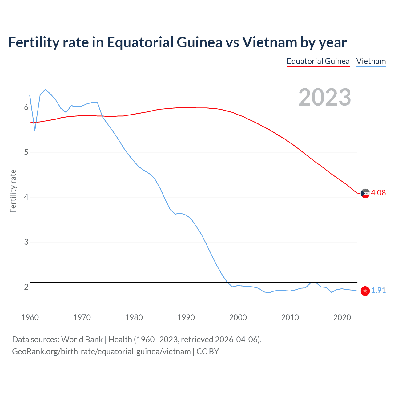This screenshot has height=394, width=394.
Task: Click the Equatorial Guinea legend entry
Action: pyautogui.click(x=318, y=62)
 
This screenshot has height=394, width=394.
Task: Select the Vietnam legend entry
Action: pyautogui.click(x=371, y=62)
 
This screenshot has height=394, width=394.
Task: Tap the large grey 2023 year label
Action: pyautogui.click(x=325, y=97)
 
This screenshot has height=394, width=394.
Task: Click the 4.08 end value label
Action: pyautogui.click(x=378, y=193)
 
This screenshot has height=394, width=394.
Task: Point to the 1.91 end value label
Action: pyautogui.click(x=378, y=291)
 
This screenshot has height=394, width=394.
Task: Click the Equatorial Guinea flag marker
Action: pyautogui.click(x=365, y=193)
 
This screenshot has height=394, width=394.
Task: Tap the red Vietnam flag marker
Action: pyautogui.click(x=365, y=291)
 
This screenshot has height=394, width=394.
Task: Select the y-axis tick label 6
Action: pyautogui.click(x=26, y=107)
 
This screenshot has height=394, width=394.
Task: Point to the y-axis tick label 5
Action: pyautogui.click(x=26, y=152)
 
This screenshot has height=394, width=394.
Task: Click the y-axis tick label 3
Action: pyautogui.click(x=26, y=242)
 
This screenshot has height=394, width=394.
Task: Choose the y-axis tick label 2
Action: pyautogui.click(x=26, y=287)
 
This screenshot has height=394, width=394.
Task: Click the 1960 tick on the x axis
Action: pyautogui.click(x=30, y=317)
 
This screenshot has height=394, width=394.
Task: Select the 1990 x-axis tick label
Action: pyautogui.click(x=186, y=317)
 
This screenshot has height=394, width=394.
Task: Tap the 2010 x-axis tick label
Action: pyautogui.click(x=290, y=317)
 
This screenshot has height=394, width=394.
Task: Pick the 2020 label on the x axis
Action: pyautogui.click(x=342, y=317)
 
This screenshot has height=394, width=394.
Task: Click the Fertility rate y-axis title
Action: pyautogui.click(x=13, y=191)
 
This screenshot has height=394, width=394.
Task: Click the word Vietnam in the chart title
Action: pyautogui.click(x=270, y=42)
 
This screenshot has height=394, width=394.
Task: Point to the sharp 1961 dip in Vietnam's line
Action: pyautogui.click(x=35, y=130)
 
